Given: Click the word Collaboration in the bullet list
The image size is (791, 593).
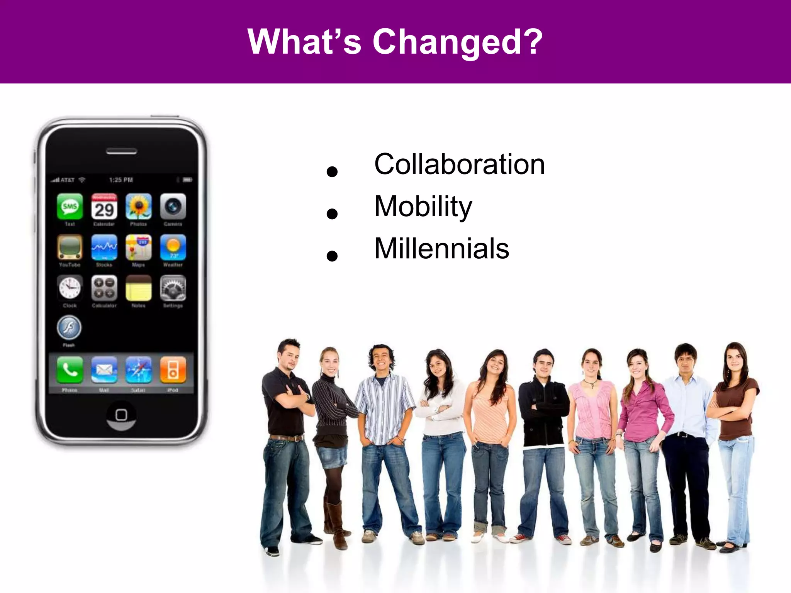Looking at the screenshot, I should click(x=459, y=164).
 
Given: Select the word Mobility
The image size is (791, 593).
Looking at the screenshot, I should click(x=423, y=207).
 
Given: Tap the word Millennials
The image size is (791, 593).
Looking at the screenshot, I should click(x=441, y=249).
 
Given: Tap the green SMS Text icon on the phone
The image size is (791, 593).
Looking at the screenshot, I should click(x=70, y=206).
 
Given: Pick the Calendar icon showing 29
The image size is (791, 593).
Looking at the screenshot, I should click(x=104, y=206).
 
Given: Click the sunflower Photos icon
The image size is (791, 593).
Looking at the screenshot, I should click(x=138, y=206).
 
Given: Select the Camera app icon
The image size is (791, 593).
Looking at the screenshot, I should click(x=173, y=206).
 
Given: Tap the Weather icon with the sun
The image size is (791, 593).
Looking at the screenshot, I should click(x=173, y=247).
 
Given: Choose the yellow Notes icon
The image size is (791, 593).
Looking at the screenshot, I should click(x=138, y=288).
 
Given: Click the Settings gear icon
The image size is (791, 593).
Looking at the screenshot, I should click(x=173, y=288).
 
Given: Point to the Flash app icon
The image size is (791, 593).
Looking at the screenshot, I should click(x=69, y=327).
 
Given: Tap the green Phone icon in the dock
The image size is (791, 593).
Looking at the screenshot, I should click(x=70, y=370).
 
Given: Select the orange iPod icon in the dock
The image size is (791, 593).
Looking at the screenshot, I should click(x=173, y=370).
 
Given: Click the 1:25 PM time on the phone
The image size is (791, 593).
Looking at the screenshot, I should click(x=121, y=180).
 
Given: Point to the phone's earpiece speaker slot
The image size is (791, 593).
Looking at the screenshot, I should click(x=121, y=151).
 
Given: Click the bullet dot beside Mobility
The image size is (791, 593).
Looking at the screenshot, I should click(x=332, y=213).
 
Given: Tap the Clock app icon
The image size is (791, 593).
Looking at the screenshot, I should click(x=70, y=288).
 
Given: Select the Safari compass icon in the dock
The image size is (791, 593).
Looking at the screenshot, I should click(x=138, y=370).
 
